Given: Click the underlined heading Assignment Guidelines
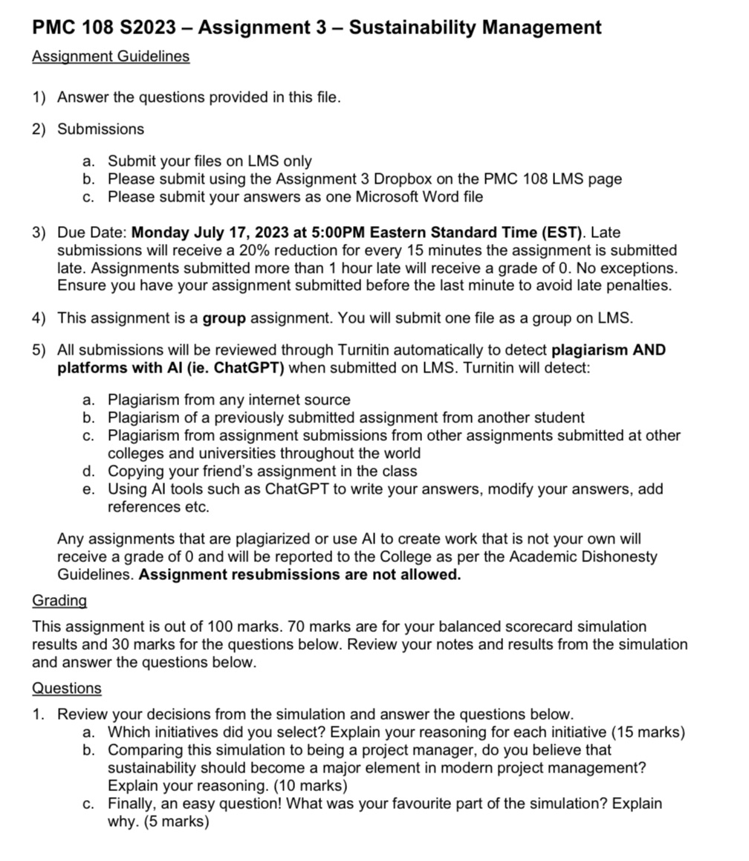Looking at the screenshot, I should (x=111, y=57).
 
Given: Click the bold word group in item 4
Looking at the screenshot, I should (x=224, y=318).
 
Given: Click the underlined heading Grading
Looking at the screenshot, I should (x=59, y=600).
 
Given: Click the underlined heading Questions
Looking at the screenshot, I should (x=66, y=689).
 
